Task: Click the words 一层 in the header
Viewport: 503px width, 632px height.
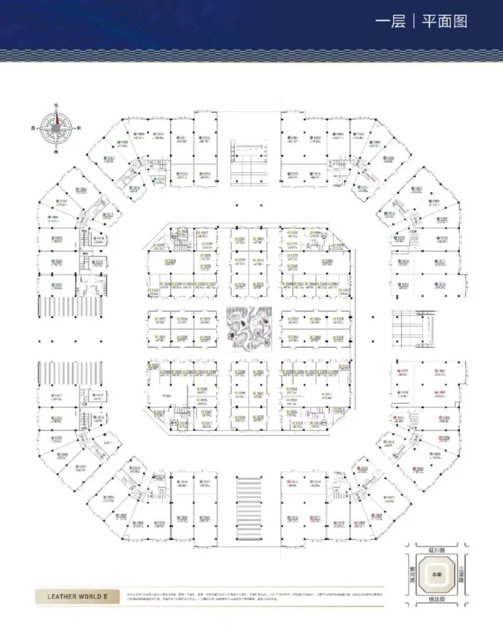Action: click(390, 21)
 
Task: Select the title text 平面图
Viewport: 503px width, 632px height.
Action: click(444, 21)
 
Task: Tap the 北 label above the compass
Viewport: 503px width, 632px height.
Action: click(56, 106)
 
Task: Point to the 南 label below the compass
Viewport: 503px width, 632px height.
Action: click(56, 151)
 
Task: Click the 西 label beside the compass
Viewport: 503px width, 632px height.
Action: click(33, 128)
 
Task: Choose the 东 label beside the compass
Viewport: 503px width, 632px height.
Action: click(79, 128)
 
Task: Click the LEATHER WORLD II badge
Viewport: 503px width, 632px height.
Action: click(77, 596)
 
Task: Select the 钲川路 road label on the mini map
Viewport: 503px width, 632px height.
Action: click(436, 550)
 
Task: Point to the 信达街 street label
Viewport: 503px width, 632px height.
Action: click(436, 599)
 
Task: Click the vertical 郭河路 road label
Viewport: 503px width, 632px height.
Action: click(412, 575)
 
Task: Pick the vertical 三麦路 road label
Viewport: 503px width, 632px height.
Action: click(461, 575)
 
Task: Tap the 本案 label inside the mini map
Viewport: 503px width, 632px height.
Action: click(436, 575)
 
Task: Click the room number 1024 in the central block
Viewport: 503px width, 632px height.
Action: click(171, 260)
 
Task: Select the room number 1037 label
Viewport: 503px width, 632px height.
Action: click(206, 319)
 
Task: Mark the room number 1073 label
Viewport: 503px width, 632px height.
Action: click(259, 284)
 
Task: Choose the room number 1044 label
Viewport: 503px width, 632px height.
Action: click(212, 372)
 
